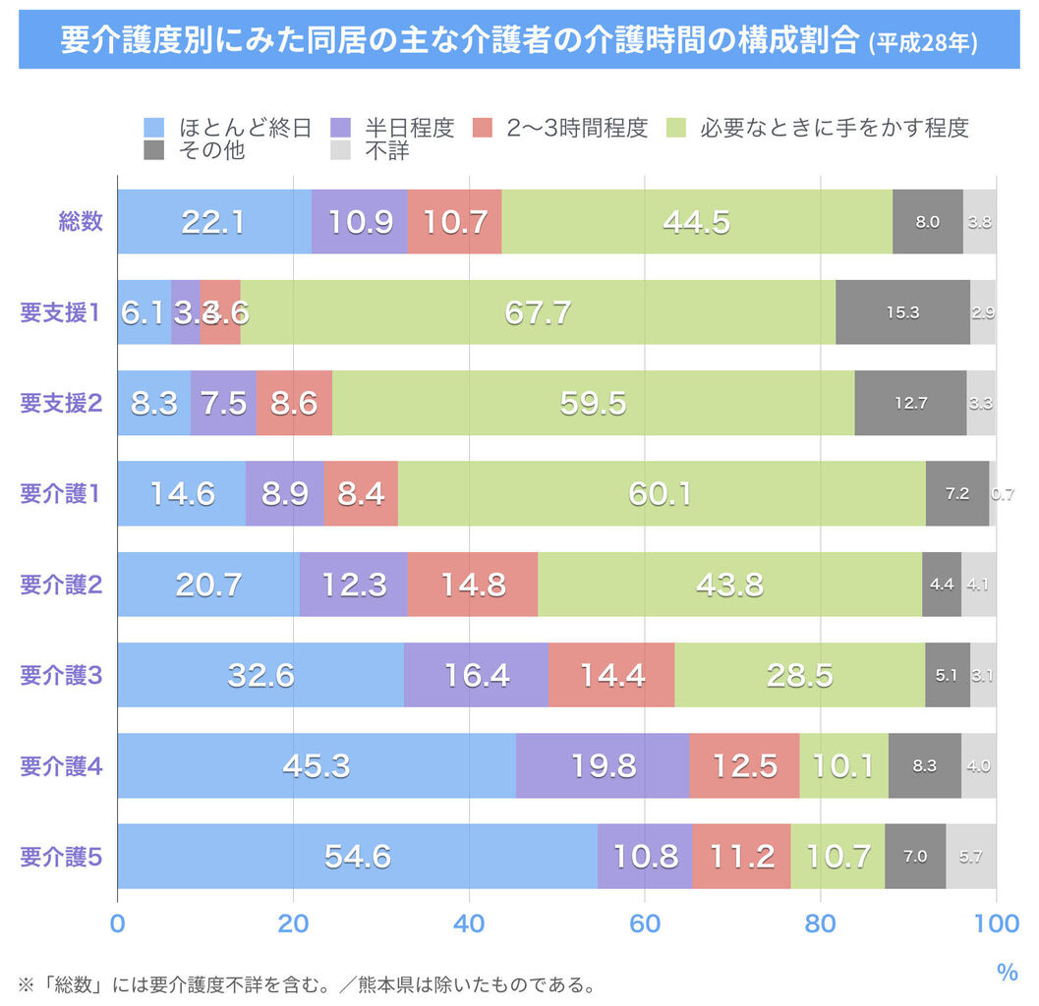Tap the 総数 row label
pos(81,222)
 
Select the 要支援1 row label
pos(61,312)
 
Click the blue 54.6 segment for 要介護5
pos(358,857)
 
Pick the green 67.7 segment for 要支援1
pos(538,312)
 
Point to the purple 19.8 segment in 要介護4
pos(603,766)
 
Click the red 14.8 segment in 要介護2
pos(473,585)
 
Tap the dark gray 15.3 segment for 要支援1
pos(902,312)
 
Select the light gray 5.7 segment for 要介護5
pos(970,857)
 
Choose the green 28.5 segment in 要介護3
pos(799,676)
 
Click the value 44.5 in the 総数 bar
pos(696,222)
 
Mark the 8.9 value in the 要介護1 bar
pos(285,494)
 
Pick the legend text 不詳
pos(386,151)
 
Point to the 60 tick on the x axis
pos(645,924)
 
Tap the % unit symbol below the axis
pos(1008,974)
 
